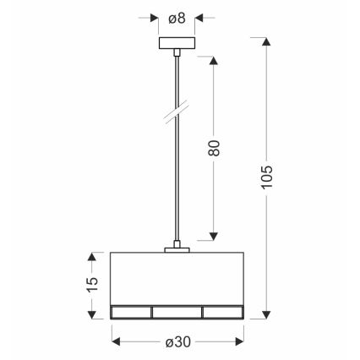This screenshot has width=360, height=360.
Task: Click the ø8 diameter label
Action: [177, 17]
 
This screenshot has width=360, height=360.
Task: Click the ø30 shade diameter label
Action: [177, 341]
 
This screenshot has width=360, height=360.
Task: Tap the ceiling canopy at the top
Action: [177, 43]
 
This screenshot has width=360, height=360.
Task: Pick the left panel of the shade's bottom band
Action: [131, 312]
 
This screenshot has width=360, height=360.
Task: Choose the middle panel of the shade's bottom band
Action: [177, 312]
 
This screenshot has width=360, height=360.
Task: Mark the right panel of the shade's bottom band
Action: [222, 312]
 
